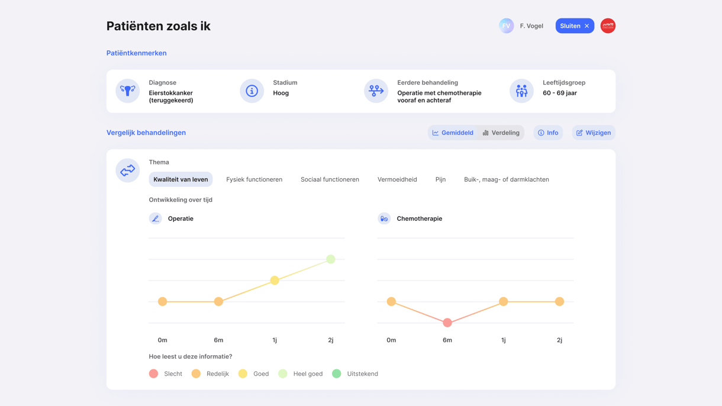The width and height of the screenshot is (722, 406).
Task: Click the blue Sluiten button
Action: [x=574, y=26]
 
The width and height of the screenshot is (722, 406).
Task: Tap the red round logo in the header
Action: [x=608, y=26]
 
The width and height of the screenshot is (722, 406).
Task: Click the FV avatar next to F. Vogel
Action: [x=506, y=26]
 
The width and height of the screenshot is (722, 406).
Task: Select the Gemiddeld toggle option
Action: [x=453, y=133]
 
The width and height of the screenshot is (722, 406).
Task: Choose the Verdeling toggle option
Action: [x=501, y=133]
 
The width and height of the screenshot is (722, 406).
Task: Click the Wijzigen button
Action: [x=594, y=133]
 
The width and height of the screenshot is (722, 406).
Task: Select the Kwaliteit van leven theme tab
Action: [x=180, y=179]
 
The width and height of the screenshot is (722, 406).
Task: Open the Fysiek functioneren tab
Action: [x=254, y=179]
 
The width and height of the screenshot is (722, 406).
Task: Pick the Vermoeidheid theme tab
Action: [x=397, y=179]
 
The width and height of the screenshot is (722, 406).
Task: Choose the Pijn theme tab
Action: [x=440, y=179]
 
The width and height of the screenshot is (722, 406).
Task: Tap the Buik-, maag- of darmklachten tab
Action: [x=506, y=179]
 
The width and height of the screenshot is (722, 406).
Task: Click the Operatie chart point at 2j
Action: [x=331, y=259]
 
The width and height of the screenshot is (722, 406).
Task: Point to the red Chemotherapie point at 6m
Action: [x=447, y=323]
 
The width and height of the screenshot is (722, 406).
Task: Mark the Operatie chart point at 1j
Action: [x=275, y=281]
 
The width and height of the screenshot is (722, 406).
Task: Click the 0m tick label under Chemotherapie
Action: [x=391, y=340]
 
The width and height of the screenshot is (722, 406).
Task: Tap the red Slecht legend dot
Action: [x=154, y=373]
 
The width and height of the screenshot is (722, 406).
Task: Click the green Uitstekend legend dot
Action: [x=337, y=373]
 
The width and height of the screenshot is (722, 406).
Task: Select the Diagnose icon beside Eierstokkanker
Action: [x=127, y=91]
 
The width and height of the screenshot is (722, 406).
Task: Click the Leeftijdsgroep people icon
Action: [x=521, y=91]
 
